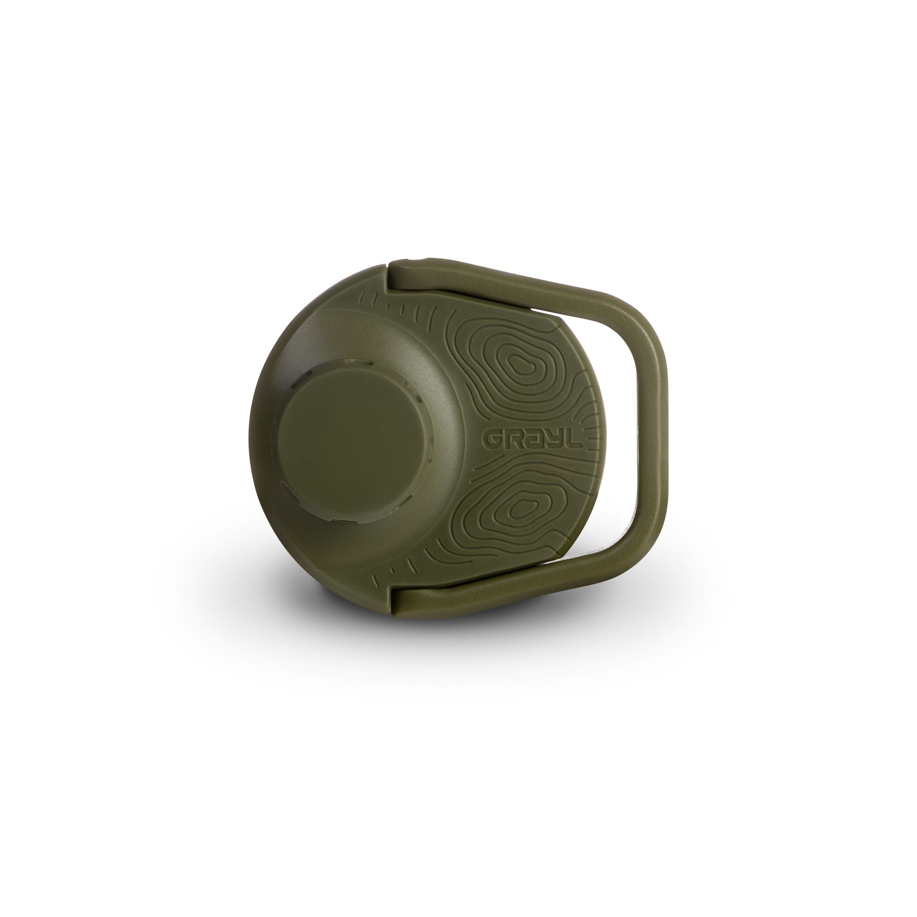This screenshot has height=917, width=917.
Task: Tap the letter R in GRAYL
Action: click(512, 440)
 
